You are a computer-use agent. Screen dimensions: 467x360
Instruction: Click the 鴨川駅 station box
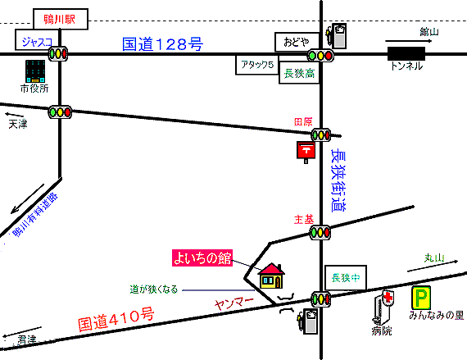click(61, 19)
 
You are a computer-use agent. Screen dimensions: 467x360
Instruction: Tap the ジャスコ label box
click(34, 40)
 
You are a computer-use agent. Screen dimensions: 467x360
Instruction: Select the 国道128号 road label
click(162, 43)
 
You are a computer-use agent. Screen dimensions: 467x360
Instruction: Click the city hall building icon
click(35, 71)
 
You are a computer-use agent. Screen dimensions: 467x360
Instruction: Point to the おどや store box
click(297, 42)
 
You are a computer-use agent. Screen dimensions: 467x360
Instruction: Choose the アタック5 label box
click(257, 65)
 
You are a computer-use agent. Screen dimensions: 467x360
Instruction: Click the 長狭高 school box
click(299, 73)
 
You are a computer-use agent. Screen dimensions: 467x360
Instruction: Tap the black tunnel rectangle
click(406, 54)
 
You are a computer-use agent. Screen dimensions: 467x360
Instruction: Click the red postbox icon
click(306, 152)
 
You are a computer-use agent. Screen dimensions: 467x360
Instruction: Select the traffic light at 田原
click(321, 135)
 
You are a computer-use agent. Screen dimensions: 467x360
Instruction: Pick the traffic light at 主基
click(320, 232)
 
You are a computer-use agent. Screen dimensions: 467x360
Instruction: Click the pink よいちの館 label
click(202, 257)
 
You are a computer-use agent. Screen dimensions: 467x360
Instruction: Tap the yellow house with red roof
click(271, 276)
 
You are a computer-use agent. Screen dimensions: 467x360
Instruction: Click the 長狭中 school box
click(346, 278)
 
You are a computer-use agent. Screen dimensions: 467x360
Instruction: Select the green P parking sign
click(421, 298)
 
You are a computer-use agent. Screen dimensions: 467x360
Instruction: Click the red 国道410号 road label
click(116, 320)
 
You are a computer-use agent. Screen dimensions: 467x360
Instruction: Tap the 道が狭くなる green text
click(154, 289)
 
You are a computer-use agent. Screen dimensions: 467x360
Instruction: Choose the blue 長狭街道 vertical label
click(338, 180)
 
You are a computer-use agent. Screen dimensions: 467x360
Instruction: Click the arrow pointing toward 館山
click(408, 41)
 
